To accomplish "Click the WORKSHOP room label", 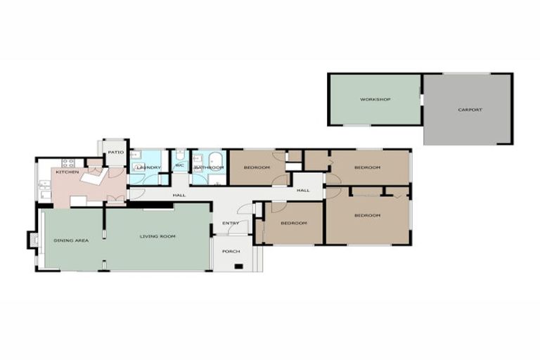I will (375, 100).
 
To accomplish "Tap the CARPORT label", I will (470, 110).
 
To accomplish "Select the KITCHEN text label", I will (67, 172).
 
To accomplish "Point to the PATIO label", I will (115, 153).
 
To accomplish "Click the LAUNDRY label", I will (149, 167).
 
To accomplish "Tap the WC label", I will (179, 167).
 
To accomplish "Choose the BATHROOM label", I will (209, 167).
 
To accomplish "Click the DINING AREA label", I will (71, 240).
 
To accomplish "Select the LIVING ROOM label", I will (157, 236).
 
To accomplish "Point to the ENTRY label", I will (231, 224).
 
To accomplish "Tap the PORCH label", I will (231, 251).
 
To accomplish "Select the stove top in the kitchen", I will (68, 163).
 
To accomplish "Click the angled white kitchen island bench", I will (92, 179).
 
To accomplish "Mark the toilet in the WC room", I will (181, 155).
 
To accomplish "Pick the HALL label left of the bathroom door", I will (179, 195).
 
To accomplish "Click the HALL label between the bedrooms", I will (303, 191).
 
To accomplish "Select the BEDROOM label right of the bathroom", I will (257, 167).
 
